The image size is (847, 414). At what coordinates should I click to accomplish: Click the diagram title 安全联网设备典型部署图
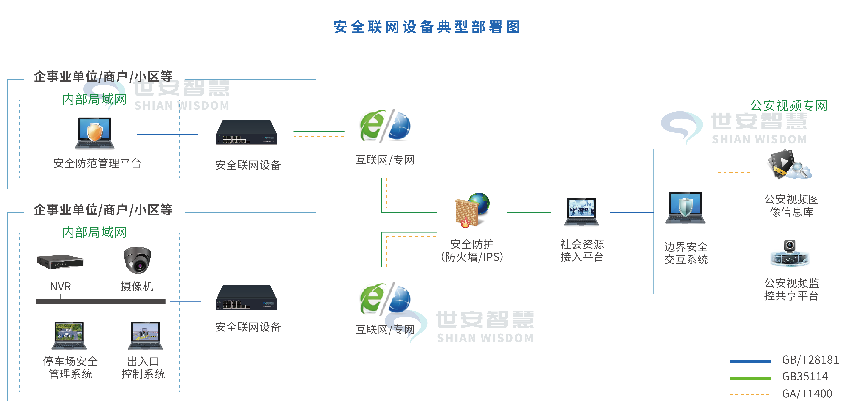[427, 27]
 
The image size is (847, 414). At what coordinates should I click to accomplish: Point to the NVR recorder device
[60, 262]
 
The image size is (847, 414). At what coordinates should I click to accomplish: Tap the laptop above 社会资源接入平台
[581, 212]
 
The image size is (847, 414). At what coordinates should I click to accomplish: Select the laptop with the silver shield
[685, 208]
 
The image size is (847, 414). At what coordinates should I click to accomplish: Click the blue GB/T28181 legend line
[750, 361]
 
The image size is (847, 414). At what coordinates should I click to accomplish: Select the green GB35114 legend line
[750, 378]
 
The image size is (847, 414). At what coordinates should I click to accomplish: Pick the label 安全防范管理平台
[97, 164]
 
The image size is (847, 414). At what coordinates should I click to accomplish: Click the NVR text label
[61, 286]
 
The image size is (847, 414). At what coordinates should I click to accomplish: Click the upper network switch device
[246, 132]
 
